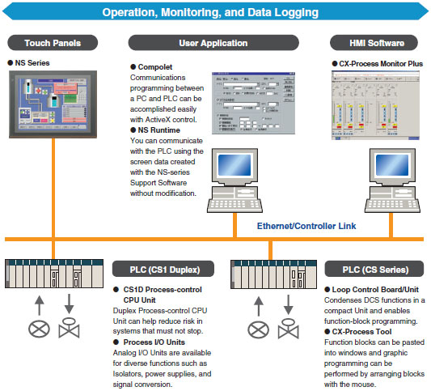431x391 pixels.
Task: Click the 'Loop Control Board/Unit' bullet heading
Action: click(x=377, y=289)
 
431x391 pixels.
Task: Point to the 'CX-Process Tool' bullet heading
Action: click(x=364, y=331)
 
